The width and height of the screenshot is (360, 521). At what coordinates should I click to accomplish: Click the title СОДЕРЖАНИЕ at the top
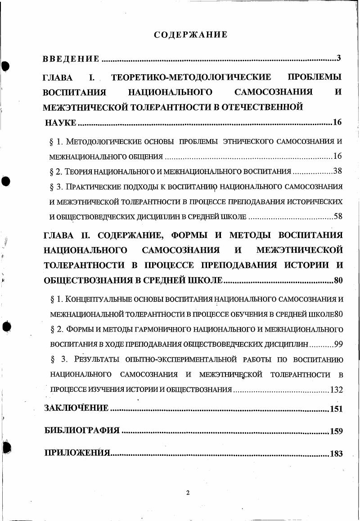pos(190,35)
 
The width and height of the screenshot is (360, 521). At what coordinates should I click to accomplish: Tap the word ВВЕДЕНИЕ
pos(71,58)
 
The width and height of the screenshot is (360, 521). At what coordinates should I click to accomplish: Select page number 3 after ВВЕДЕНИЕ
pos(339,58)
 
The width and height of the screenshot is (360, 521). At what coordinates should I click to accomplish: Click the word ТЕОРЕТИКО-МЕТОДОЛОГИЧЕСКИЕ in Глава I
pos(191,77)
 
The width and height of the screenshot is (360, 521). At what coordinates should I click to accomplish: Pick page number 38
pos(338,171)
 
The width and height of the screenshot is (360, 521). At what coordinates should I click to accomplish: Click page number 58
pos(338,216)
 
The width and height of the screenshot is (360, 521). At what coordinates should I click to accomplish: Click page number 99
pos(339,344)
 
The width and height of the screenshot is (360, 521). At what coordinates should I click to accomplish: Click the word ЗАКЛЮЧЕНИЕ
pos(76,409)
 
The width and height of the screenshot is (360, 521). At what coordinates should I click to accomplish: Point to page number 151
pos(336,409)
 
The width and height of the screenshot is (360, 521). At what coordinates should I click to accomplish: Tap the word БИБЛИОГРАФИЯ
pos(82,431)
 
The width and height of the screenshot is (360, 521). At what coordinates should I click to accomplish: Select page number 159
pos(336,431)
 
